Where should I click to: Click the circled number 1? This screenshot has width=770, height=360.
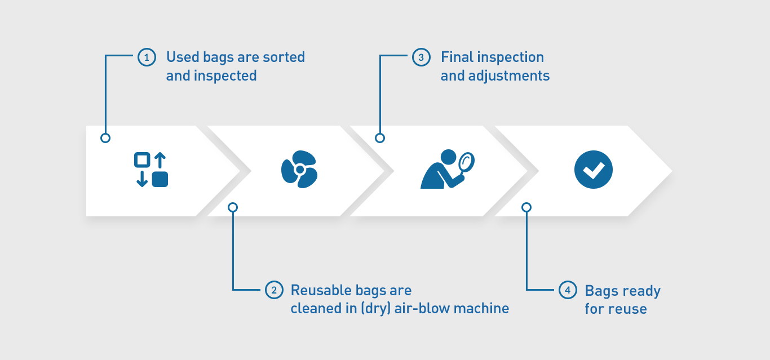(x=147, y=57)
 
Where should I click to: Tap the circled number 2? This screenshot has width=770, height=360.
(x=274, y=290)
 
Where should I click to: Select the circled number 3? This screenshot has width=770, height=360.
(x=421, y=57)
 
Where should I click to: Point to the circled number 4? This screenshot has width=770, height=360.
(x=568, y=290)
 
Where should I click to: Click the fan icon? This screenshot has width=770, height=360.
(x=299, y=170)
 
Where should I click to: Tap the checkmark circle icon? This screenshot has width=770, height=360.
(x=594, y=170)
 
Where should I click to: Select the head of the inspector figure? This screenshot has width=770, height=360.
(x=448, y=157)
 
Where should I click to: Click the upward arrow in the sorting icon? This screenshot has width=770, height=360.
(x=160, y=160)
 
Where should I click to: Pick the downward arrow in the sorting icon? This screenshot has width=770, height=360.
(x=142, y=179)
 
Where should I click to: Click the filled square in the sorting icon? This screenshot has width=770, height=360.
(x=160, y=179)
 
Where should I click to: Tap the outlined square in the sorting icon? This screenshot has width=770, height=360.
(x=142, y=160)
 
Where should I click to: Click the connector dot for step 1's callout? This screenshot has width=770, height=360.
(x=105, y=138)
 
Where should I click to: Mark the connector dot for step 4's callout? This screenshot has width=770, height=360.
(x=526, y=207)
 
